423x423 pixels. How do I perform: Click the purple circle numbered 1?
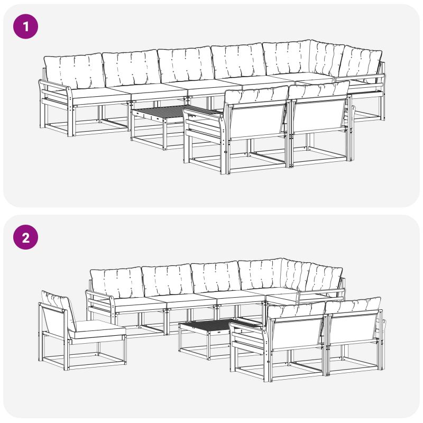point(25,26)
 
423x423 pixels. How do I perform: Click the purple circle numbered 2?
point(25,237)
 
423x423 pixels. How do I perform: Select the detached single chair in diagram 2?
point(81,332)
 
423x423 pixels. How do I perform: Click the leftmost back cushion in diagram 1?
point(73,71)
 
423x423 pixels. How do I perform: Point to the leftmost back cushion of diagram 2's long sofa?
point(116,283)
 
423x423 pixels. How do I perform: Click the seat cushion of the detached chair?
point(97,329)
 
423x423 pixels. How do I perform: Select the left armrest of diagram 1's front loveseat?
point(205,127)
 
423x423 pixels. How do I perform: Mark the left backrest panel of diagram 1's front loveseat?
point(258,122)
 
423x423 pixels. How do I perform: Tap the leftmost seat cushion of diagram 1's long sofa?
point(98,95)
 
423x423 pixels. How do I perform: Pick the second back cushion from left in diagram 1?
point(131,68)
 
